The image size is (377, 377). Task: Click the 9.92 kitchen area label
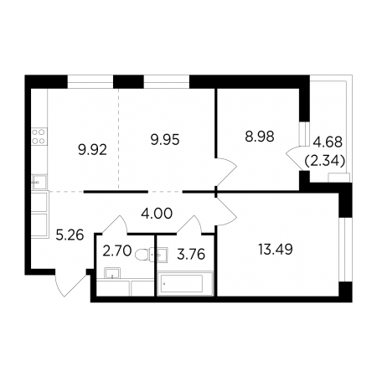pos(92,151)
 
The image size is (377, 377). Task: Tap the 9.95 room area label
pos(165,140)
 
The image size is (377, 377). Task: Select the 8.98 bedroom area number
pos(260,137)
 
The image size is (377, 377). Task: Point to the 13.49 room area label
pos(276,250)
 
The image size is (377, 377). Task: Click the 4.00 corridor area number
pos(157,214)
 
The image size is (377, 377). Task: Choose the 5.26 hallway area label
pos(70,235)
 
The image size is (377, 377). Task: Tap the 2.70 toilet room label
pos(117,251)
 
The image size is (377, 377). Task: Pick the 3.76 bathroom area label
pos(191,255)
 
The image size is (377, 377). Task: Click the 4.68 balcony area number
pos(328,142)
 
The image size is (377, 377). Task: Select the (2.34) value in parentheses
pos(325,161)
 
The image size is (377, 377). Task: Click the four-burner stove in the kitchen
pos(39,137)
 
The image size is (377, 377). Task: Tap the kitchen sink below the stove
pos(39,182)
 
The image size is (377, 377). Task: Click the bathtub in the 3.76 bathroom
pos(185,284)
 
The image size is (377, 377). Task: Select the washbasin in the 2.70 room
pos(112,273)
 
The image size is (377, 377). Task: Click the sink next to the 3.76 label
pos(159,255)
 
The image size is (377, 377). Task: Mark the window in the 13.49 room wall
pos(345,250)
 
